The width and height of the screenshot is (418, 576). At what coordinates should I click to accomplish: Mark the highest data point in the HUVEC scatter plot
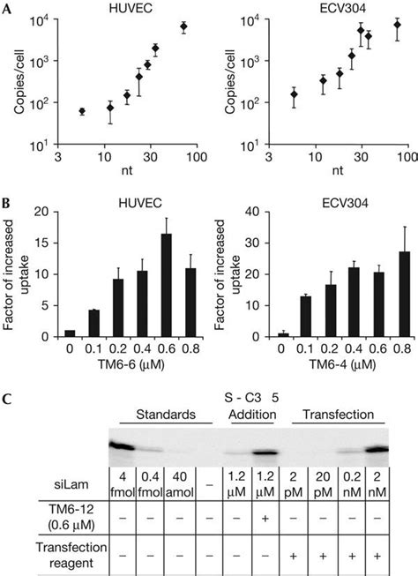[183, 27]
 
